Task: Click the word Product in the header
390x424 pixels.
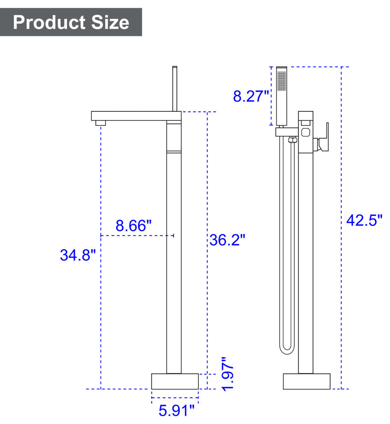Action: [49, 22]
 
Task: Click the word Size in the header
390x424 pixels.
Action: [110, 22]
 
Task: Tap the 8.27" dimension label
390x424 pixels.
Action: [251, 96]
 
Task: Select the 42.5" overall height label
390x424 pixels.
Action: [364, 220]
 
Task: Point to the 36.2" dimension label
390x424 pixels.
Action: [227, 240]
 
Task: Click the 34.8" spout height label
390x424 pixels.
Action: [78, 255]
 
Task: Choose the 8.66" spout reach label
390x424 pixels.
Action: [134, 226]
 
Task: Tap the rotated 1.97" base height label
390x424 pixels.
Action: [227, 374]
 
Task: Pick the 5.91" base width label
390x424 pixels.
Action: [176, 410]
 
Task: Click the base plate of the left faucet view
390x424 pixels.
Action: [175, 381]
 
